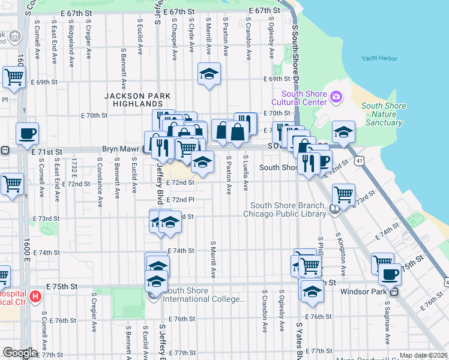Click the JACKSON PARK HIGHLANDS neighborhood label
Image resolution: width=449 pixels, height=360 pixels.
(x=137, y=100)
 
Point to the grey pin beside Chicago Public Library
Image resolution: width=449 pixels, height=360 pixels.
(x=334, y=209)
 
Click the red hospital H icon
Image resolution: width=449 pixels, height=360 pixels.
(x=35, y=296)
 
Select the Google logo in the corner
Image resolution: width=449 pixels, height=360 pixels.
(x=19, y=353)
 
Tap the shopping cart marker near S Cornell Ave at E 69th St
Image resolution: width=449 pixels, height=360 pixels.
(x=14, y=76)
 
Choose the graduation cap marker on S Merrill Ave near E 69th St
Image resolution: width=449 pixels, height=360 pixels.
(x=208, y=74)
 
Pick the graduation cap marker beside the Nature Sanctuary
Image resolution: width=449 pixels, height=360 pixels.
(x=343, y=133)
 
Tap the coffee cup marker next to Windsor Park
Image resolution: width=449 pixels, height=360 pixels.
(x=390, y=274)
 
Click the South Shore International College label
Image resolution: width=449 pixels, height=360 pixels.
(x=204, y=295)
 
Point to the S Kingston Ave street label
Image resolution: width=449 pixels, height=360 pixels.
(x=343, y=246)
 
